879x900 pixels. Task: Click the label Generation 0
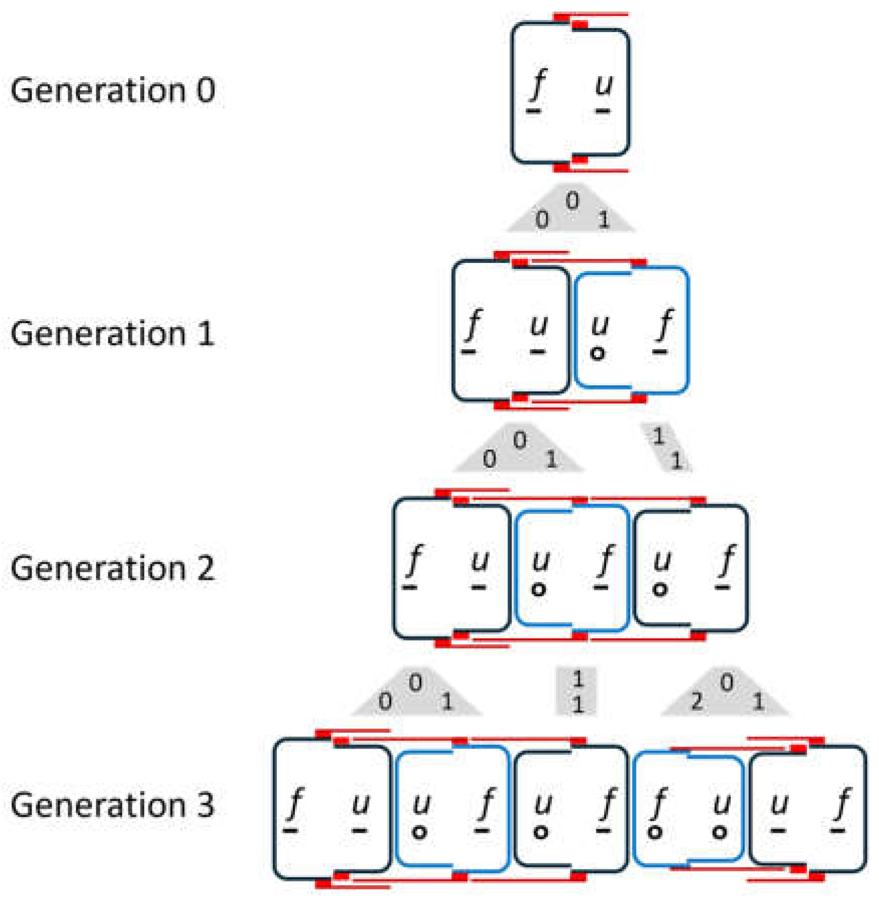(x=113, y=91)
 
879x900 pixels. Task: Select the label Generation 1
(x=113, y=334)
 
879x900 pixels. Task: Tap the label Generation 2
(x=113, y=568)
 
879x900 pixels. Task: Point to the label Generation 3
(x=113, y=805)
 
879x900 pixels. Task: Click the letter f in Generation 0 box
(x=539, y=84)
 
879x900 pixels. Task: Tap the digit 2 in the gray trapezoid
(x=696, y=701)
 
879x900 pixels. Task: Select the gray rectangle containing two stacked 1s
(x=577, y=691)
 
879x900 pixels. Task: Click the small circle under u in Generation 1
(x=597, y=354)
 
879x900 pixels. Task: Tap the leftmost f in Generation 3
(x=296, y=802)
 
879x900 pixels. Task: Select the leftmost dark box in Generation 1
(x=510, y=331)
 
